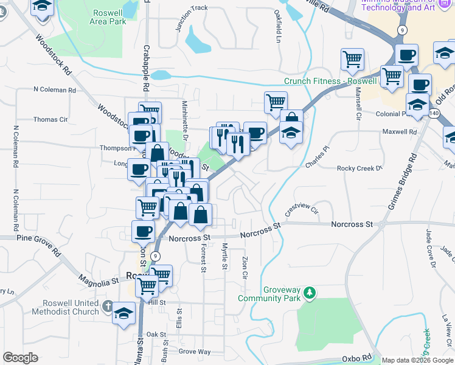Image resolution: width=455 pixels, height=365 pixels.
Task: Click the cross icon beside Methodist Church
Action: pos(108,307)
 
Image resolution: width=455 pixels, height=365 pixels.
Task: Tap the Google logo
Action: pos(20,358)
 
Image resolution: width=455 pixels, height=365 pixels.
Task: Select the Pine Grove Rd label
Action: pos(40,243)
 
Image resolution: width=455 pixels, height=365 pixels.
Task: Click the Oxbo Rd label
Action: pos(357,358)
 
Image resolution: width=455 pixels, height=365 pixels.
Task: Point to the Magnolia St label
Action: pos(98,280)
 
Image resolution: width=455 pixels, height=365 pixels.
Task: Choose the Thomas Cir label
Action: pos(50,120)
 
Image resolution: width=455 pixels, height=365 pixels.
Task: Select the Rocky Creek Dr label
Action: pos(359,168)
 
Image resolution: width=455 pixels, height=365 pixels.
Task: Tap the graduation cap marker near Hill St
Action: pos(125,313)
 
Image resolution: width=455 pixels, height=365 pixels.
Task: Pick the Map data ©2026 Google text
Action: pos(417,360)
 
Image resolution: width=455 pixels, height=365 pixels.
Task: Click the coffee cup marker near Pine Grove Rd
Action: pos(144,231)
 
